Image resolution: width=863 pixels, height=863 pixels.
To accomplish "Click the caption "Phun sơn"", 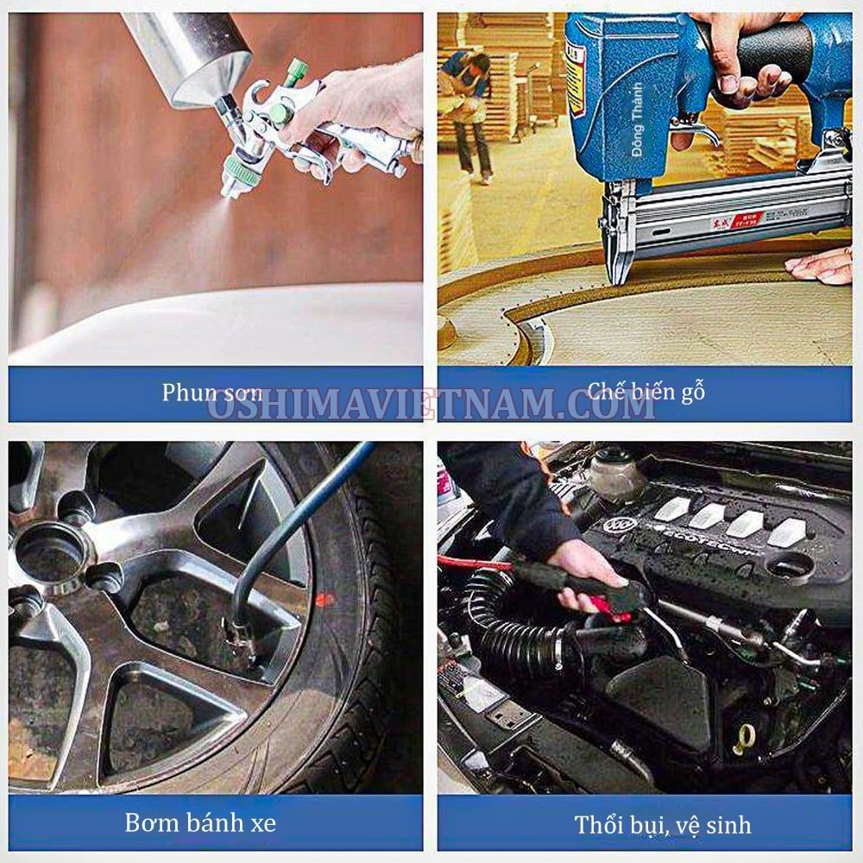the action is pyautogui.click(x=212, y=393).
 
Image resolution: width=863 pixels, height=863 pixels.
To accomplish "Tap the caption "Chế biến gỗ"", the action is pyautogui.click(x=646, y=392).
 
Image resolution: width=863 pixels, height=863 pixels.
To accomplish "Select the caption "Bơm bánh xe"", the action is pyautogui.click(x=200, y=822).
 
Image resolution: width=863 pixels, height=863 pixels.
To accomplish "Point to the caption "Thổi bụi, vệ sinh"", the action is pyautogui.click(x=663, y=824).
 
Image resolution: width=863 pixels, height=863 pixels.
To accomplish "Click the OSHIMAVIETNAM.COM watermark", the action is pyautogui.click(x=431, y=405).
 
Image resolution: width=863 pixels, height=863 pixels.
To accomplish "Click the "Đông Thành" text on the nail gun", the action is pyautogui.click(x=637, y=119).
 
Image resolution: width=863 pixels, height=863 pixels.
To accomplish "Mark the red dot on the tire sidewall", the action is pyautogui.click(x=324, y=598).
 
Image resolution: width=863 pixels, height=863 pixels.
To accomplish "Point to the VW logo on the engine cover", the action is pyautogui.click(x=620, y=525).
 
